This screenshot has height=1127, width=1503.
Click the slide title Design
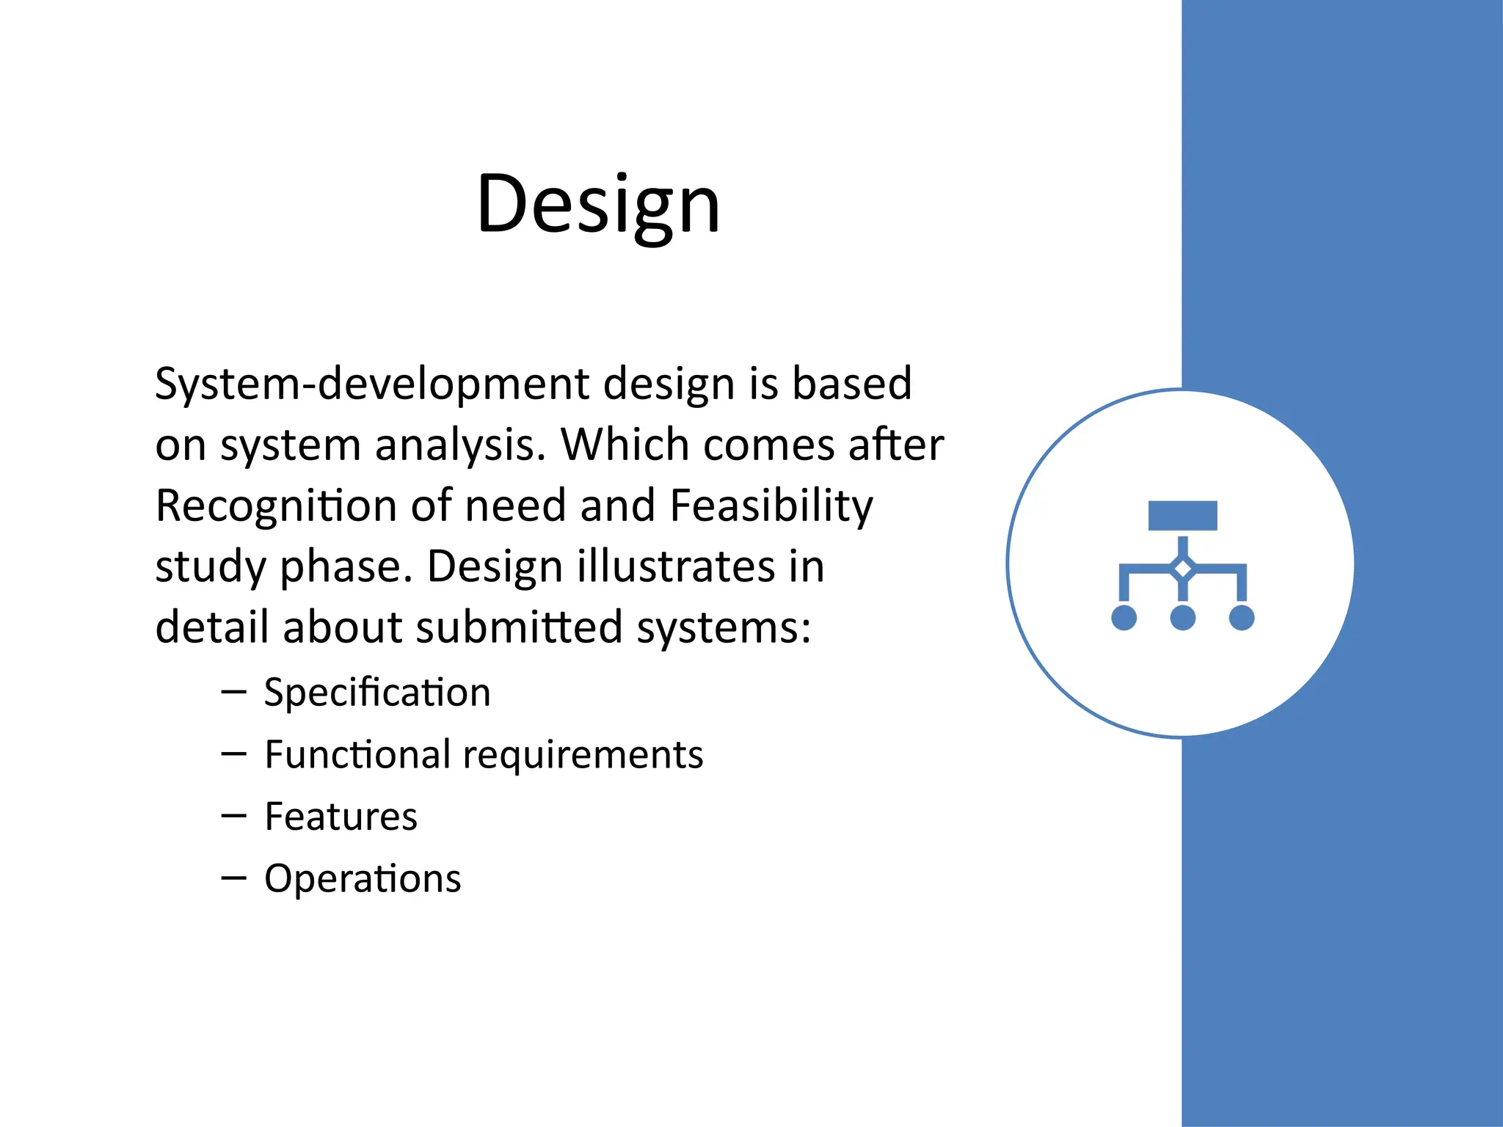pyautogui.click(x=598, y=204)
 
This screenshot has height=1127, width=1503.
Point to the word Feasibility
pyautogui.click(x=771, y=506)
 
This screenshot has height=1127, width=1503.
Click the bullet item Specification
pyautogui.click(x=377, y=693)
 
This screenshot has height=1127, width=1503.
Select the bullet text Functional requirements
pyautogui.click(x=484, y=755)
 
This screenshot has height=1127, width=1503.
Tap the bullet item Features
pyautogui.click(x=341, y=817)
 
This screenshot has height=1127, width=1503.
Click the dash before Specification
pyautogui.click(x=233, y=691)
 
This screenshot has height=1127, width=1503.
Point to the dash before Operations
pyautogui.click(x=233, y=878)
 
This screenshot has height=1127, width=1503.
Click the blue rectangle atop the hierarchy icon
pyautogui.click(x=1182, y=515)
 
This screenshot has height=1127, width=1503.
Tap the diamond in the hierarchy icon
pyautogui.click(x=1182, y=569)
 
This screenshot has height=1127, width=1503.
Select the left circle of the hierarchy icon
pyautogui.click(x=1124, y=618)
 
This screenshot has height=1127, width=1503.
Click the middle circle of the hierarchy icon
pyautogui.click(x=1182, y=618)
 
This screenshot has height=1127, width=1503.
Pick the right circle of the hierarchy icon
pyautogui.click(x=1241, y=618)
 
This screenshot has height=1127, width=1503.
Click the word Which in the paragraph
pyautogui.click(x=625, y=445)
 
